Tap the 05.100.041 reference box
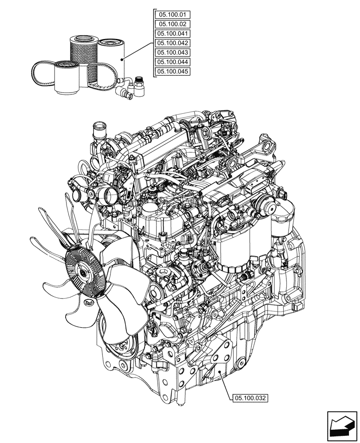coord(172,34)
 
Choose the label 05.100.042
coord(172,43)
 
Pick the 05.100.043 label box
coord(172,53)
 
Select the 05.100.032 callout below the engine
coord(250,398)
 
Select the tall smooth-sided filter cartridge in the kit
coord(111,62)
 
